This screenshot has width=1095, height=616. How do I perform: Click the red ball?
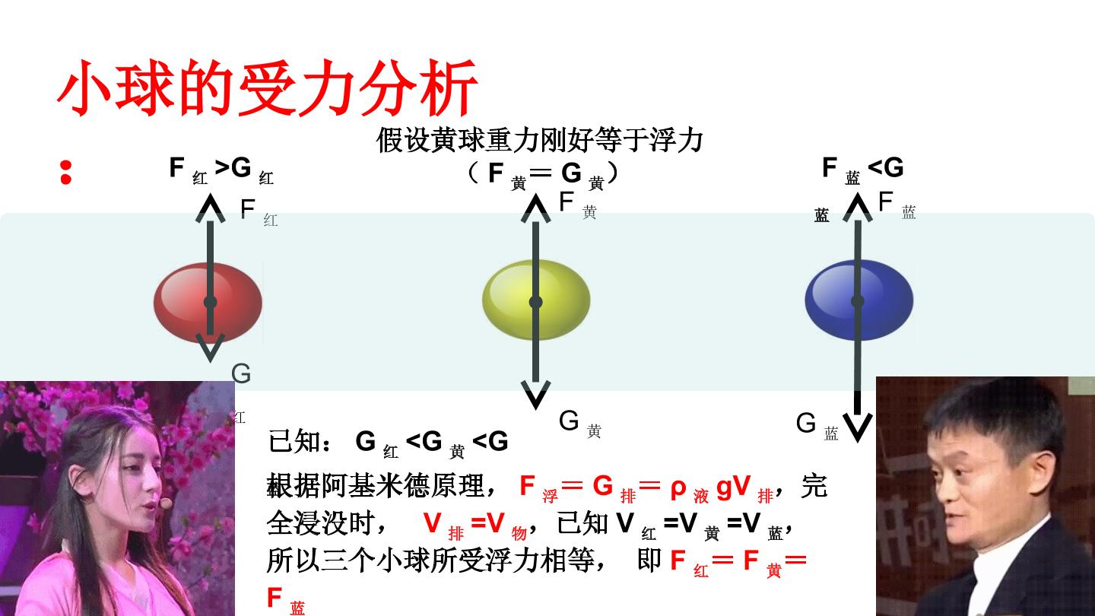208,302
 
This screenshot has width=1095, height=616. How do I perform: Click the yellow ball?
536,300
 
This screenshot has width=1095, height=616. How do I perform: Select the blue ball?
859,300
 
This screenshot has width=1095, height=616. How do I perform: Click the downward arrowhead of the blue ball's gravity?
858,427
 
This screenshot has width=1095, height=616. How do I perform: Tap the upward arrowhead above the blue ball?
858,207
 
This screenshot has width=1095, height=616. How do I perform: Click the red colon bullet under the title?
66,173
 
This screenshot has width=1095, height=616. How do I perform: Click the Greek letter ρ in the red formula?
678,488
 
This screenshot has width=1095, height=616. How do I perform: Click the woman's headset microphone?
167,502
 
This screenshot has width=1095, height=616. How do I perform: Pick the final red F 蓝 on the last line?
286,600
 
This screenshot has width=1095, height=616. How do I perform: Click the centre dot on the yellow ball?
536,302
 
